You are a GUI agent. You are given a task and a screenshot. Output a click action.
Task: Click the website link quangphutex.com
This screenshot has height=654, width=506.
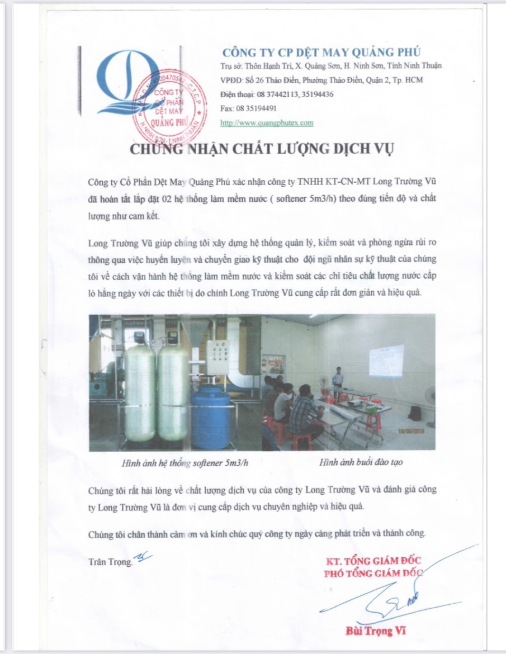267,122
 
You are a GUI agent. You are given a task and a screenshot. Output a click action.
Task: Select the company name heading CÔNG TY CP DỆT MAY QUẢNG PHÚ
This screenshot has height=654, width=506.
321,53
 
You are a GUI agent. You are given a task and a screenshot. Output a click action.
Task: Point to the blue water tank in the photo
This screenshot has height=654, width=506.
210,416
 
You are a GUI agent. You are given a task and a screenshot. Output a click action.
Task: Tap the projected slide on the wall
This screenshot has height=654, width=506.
386,361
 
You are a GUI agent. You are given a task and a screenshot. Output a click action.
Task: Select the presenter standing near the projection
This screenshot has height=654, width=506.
337,381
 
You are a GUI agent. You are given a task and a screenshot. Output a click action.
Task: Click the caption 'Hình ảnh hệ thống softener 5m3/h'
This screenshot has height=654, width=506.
177,462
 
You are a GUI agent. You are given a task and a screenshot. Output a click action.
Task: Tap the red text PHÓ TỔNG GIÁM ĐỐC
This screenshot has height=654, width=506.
373,573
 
